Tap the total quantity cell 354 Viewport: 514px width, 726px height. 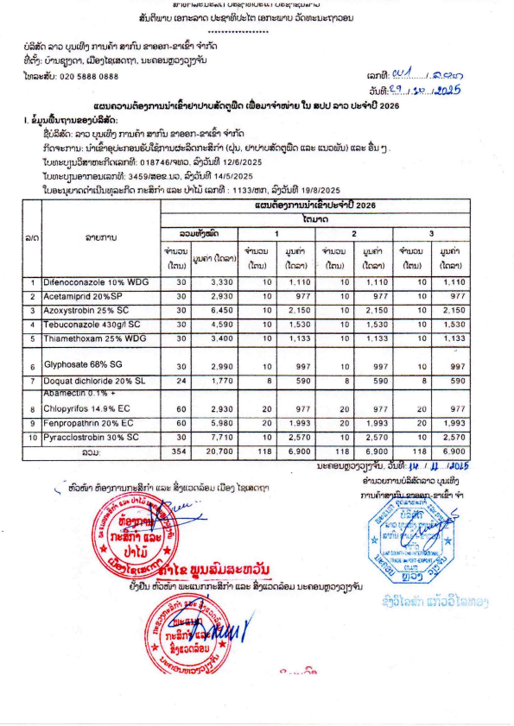180,451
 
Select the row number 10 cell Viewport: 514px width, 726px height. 31,437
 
